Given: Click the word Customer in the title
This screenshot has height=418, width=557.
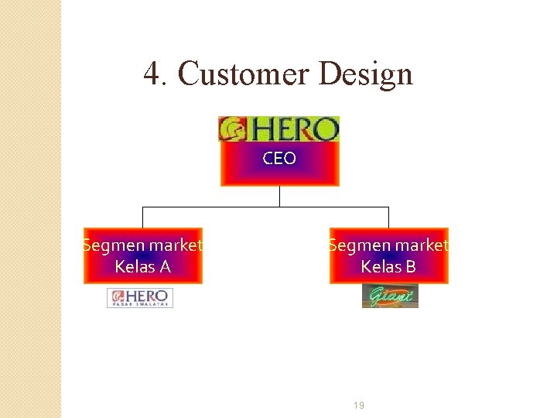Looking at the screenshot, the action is [x=243, y=74].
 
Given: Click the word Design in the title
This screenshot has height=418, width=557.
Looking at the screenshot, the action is [x=365, y=74].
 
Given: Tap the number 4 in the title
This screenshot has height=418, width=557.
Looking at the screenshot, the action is [x=152, y=74].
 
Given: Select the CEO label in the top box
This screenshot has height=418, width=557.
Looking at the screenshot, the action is [x=279, y=159].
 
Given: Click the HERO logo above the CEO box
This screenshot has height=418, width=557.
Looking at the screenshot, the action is [x=279, y=128].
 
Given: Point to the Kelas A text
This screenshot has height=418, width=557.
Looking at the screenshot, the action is [x=142, y=267].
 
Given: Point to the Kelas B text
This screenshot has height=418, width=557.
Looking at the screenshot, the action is [x=388, y=267].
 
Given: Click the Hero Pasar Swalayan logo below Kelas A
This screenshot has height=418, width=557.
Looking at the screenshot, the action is [x=140, y=298].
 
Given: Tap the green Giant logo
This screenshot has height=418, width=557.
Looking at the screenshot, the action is [x=390, y=296].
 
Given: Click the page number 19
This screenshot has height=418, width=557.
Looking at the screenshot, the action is [x=359, y=406].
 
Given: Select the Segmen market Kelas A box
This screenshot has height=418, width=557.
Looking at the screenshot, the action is [x=142, y=256].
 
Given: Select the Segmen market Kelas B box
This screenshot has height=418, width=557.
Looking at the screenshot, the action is [x=388, y=256].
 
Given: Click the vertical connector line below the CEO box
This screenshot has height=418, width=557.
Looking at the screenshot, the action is [x=279, y=197].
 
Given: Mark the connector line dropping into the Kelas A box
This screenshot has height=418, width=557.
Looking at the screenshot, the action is [x=142, y=218].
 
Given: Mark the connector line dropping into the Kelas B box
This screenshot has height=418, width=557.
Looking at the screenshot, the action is [x=388, y=218].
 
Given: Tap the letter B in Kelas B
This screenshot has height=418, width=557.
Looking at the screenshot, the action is [x=410, y=267].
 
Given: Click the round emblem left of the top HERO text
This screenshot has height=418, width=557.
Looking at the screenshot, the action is [x=232, y=129].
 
